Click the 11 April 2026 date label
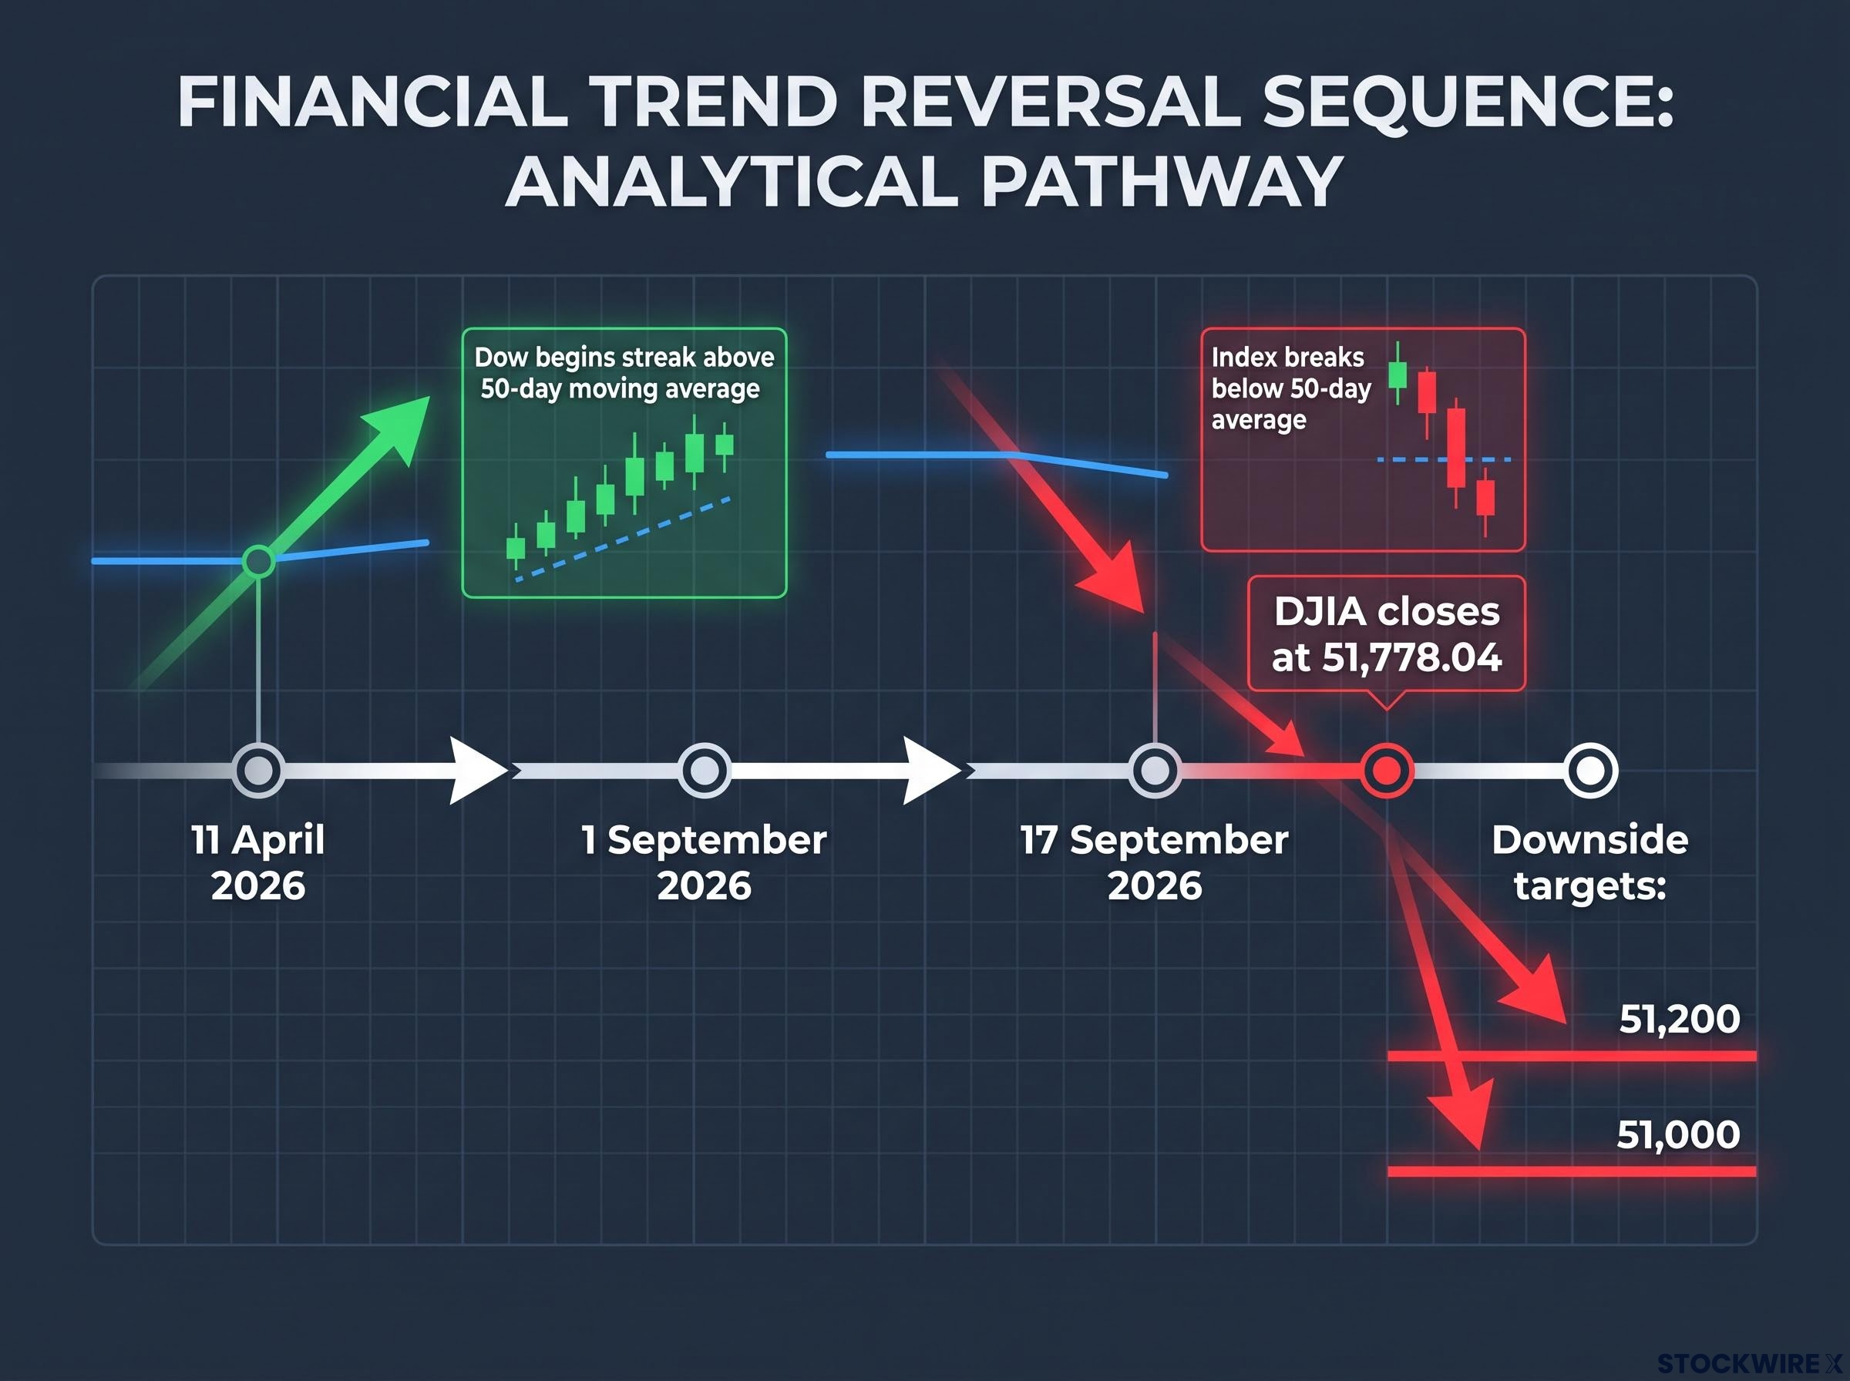click(257, 862)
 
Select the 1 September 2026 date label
click(705, 862)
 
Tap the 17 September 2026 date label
click(1155, 862)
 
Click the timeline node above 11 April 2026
click(257, 770)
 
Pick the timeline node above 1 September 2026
click(705, 770)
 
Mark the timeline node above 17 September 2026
click(1155, 770)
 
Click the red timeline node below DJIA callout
click(1387, 770)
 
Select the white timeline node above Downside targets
click(1590, 770)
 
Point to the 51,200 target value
click(1679, 1019)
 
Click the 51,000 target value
click(1678, 1134)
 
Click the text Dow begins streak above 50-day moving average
click(624, 373)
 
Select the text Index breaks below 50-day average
click(1292, 388)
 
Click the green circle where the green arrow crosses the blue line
click(258, 561)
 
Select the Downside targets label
click(1590, 862)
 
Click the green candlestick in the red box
click(1398, 374)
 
